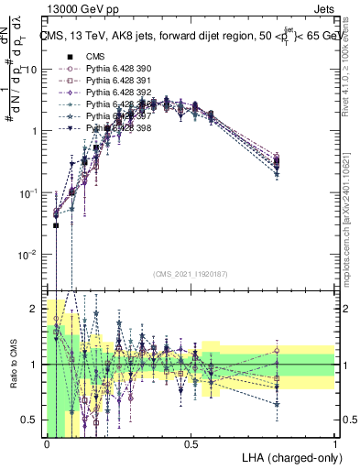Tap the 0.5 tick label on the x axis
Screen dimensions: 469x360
click(191, 444)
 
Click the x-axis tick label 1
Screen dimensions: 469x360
click(335, 444)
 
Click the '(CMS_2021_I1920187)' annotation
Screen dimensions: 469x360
click(191, 273)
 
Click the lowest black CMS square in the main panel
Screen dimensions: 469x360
click(56, 225)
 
